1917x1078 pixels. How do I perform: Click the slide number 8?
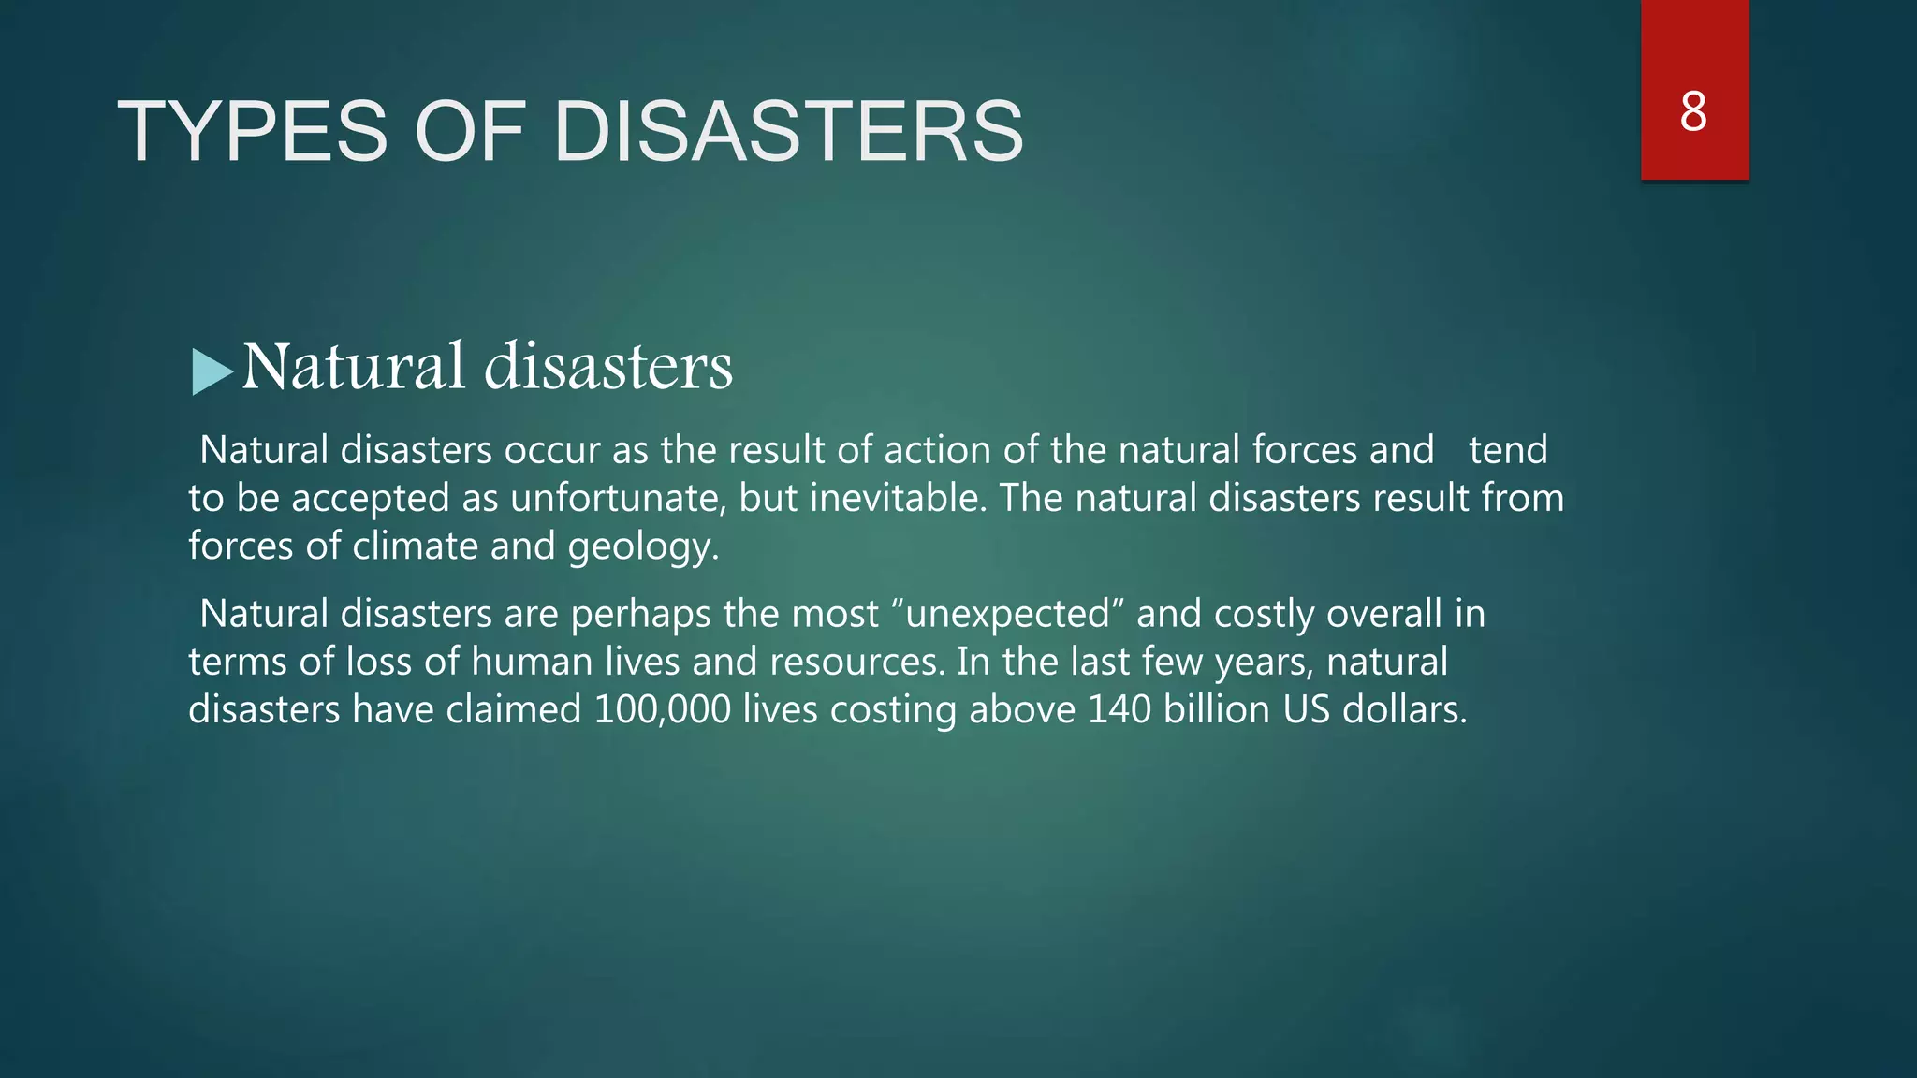[1693, 112]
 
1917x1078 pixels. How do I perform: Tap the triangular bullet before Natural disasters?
[212, 371]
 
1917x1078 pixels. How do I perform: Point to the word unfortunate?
[618, 498]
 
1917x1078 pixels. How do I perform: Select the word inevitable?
[898, 498]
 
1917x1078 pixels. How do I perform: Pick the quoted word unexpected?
[1008, 614]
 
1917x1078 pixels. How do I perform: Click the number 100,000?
[662, 709]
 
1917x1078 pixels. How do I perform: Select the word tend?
[1507, 450]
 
